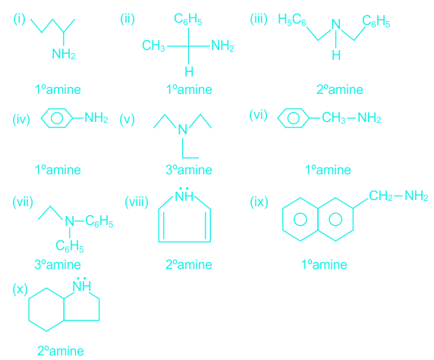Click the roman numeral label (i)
coord(20,19)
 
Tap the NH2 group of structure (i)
coord(64,54)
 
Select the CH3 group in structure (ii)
coord(153,45)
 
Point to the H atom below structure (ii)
coord(189,71)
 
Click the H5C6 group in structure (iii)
coord(292,20)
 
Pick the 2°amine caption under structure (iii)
coord(340,89)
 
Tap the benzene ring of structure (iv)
coord(57,118)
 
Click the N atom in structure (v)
coord(183,130)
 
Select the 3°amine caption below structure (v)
coord(189,170)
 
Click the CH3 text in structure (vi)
coord(334,117)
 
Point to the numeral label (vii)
coord(23,202)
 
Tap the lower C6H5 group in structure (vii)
coord(70,246)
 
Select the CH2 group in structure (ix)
coord(381,196)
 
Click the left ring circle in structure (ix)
coord(300,220)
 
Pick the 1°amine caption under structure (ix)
coord(324,265)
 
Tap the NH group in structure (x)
coord(82,285)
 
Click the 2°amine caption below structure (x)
coord(61,351)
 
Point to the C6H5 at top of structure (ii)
coord(188,19)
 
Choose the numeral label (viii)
coord(137,202)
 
